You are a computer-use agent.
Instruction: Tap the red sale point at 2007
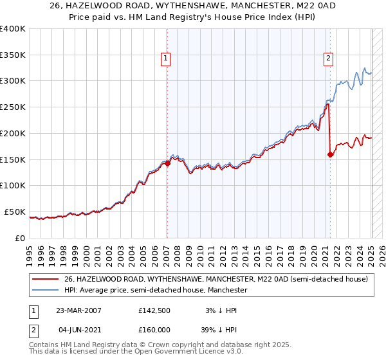click(x=167, y=163)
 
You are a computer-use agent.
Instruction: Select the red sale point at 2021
click(x=330, y=154)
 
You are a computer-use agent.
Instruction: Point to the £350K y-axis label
click(x=13, y=55)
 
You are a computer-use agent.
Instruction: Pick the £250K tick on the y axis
click(x=13, y=107)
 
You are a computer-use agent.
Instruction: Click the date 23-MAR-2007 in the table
click(x=78, y=310)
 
